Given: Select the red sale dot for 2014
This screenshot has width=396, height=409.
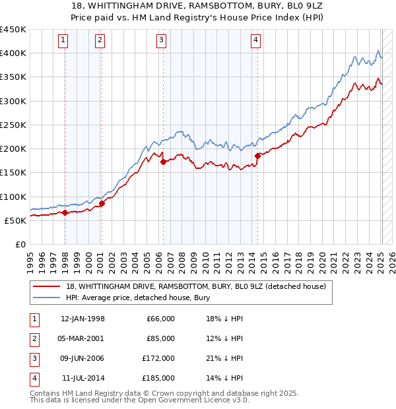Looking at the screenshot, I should tap(257, 156).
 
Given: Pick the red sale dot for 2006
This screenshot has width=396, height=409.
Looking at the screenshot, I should tap(163, 161).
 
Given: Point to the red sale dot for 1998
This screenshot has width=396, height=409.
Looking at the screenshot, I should tap(65, 212).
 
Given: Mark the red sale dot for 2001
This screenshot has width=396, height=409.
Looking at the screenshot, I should tap(102, 203).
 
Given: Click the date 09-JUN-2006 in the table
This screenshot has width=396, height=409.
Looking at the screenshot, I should tap(82, 358).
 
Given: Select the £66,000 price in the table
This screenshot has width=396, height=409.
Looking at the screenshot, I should tap(160, 319).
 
